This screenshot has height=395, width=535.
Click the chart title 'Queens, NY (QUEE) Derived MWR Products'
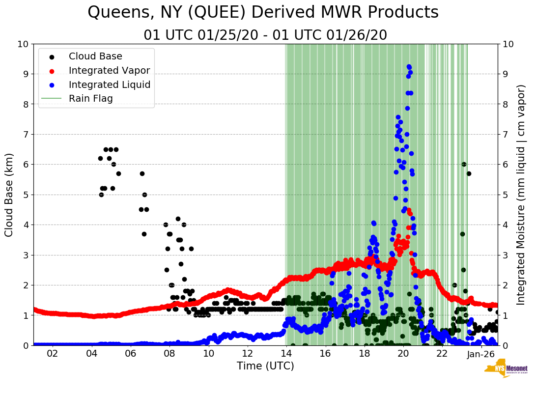coord(263,13)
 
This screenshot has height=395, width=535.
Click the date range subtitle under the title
coord(265,35)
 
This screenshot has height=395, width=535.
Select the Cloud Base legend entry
coord(95,56)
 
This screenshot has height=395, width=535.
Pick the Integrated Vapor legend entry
coord(109,71)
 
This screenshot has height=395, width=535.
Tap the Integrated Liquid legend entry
coord(110,85)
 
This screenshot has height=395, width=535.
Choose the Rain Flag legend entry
coord(90,99)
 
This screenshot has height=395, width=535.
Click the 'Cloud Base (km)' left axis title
coord(9,195)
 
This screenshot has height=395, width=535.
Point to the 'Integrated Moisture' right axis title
coord(521,195)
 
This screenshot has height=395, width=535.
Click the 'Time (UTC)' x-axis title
coord(265,366)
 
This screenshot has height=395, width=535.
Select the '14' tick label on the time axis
coord(286,354)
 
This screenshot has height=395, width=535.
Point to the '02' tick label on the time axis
coord(52,354)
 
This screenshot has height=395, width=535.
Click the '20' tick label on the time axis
coord(403,354)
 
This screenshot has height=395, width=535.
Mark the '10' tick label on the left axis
coord(23,44)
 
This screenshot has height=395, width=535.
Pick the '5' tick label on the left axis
coord(26,195)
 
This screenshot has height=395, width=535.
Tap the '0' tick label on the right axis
coord(505,345)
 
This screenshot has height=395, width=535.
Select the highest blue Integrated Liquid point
coord(409,66)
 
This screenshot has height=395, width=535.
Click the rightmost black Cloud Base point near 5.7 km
coord(469,173)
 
